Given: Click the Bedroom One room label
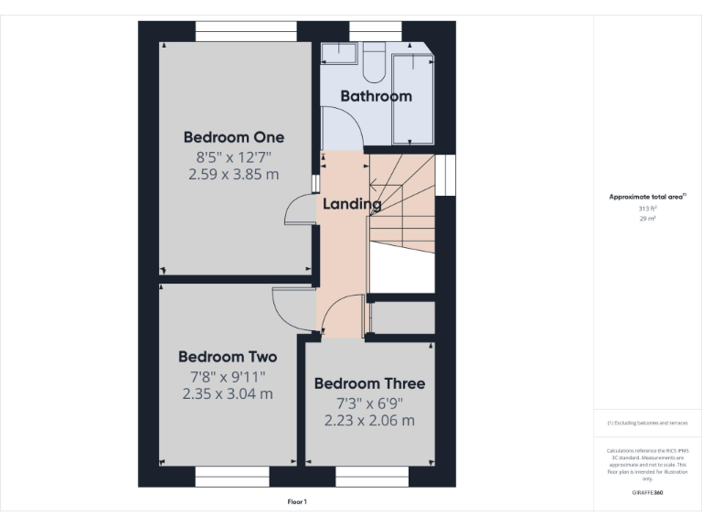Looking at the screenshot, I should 234,137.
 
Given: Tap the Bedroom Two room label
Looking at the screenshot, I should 228,357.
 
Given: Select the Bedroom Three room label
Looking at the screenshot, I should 369,383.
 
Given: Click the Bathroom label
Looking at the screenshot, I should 376,95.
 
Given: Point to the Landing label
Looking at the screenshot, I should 352,204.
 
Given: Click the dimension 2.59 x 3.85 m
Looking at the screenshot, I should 234,174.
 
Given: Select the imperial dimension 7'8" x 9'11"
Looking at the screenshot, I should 228,376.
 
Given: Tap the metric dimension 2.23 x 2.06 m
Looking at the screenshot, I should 369,421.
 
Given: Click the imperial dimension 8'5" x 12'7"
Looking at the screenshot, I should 234,156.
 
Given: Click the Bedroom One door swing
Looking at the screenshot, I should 299,211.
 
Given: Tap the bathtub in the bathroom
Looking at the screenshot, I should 412,98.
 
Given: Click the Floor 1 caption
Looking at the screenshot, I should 297,501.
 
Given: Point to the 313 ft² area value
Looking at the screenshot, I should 647,209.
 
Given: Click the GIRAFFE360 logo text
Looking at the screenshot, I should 647,492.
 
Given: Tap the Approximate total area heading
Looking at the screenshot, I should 647,197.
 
